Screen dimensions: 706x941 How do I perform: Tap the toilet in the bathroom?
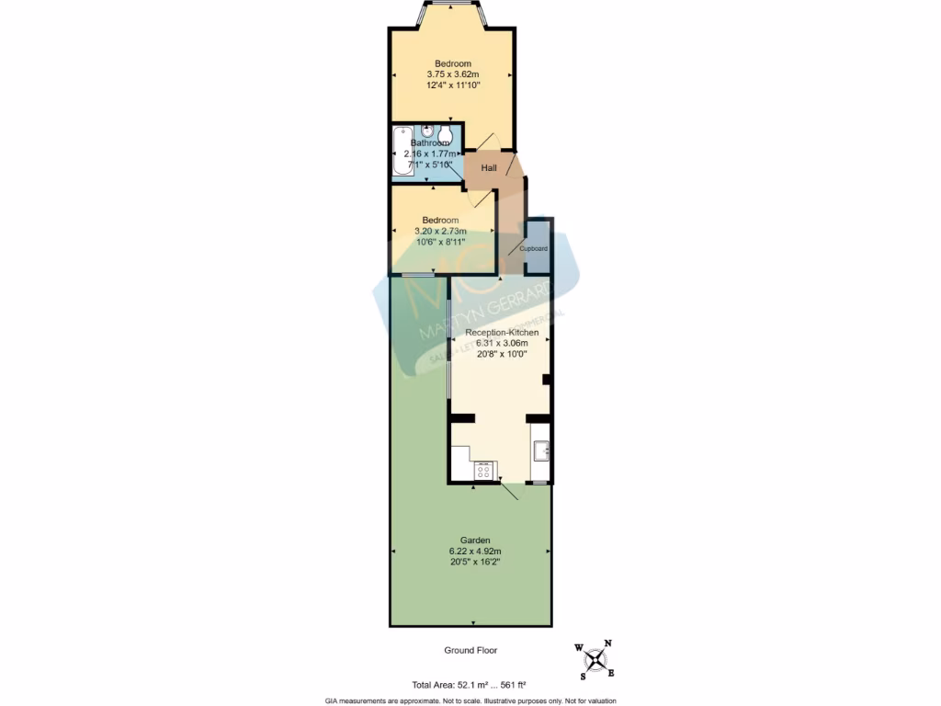[446, 134]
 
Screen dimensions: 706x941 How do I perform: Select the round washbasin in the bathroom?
[428, 131]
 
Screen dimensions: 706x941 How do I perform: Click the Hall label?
[489, 168]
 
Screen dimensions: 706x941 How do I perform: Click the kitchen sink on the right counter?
[541, 450]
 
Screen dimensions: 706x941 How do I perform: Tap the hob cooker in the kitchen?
[483, 472]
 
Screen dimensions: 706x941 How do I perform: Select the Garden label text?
[475, 540]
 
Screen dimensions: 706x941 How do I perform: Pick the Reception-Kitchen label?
[495, 332]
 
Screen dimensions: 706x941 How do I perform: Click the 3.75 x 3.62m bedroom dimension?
[452, 74]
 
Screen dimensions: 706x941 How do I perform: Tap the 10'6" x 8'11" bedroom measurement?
[440, 241]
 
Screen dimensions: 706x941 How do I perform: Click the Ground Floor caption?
[470, 650]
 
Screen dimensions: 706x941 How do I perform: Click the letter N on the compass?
[607, 643]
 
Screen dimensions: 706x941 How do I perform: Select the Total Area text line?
[468, 684]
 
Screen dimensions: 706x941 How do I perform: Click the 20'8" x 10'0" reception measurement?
[495, 353]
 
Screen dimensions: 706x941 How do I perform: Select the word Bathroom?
[430, 143]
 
